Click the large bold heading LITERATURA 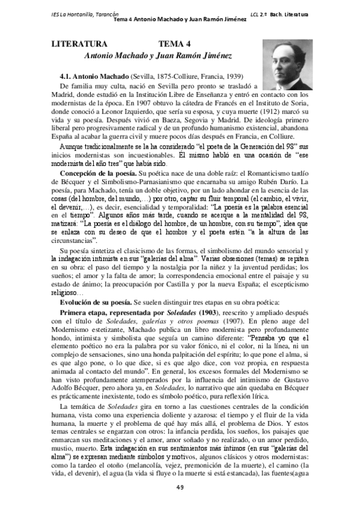pyautogui.click(x=78, y=45)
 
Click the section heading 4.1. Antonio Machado pyautogui.click(x=91, y=77)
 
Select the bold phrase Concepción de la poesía pyautogui.click(x=94, y=173)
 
